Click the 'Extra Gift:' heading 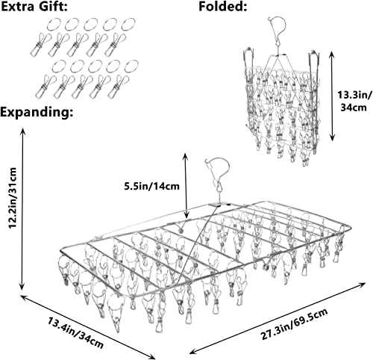coord(34,7)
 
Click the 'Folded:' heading coord(222,7)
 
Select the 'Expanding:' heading coord(37,112)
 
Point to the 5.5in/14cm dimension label coord(151,186)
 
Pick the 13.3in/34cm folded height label coord(354,101)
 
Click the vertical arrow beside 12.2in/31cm coord(23,208)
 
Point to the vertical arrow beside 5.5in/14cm coord(186,185)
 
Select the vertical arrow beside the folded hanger coord(332,96)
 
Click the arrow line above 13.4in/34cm coord(88,327)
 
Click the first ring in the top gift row coord(54,25)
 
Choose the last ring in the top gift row coord(128,24)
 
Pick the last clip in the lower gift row coord(119,86)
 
